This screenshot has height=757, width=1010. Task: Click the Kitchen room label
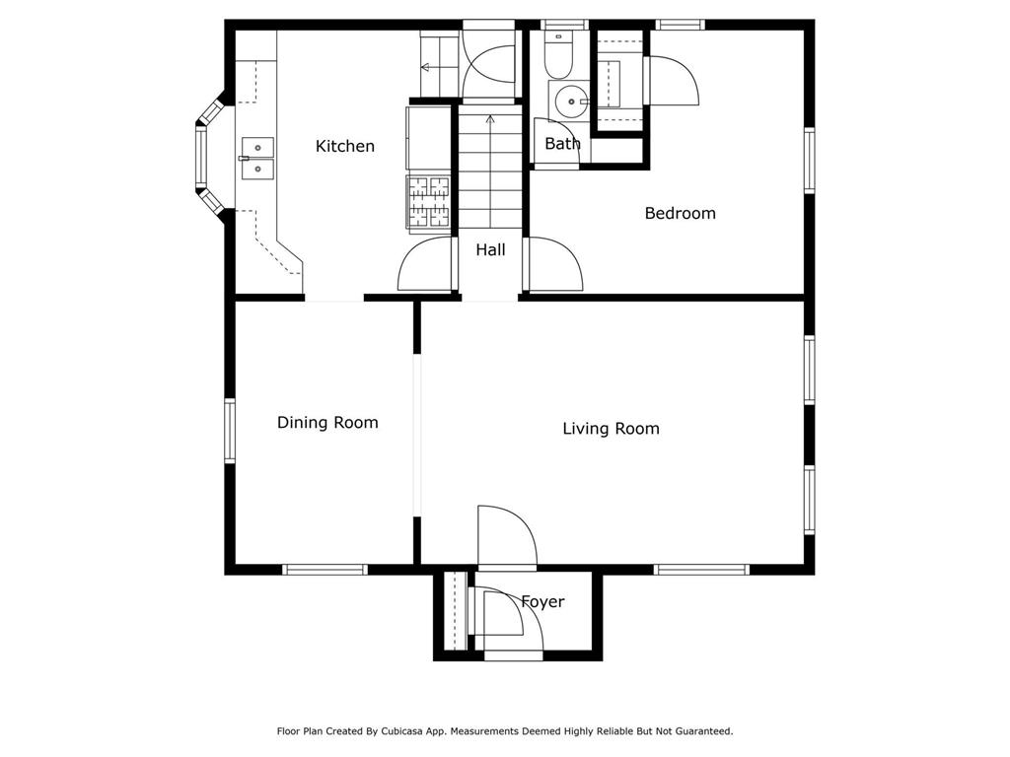[x=344, y=146]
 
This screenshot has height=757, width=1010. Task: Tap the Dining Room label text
[x=327, y=422]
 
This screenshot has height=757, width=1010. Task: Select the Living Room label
[x=611, y=428]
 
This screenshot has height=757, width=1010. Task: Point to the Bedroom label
[x=680, y=213]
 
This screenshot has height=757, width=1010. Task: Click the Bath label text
[x=562, y=144]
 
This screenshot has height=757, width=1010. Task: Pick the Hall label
[x=490, y=250]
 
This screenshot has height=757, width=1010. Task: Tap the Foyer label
[x=542, y=601]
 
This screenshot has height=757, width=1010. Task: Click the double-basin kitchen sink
[x=258, y=158]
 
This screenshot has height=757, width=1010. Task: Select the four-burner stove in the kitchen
[x=429, y=201]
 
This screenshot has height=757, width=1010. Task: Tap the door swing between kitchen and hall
[x=426, y=264]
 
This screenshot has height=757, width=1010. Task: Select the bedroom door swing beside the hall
[x=554, y=264]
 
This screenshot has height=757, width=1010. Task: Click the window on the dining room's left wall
[x=230, y=431]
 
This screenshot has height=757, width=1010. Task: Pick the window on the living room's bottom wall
[x=701, y=569]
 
